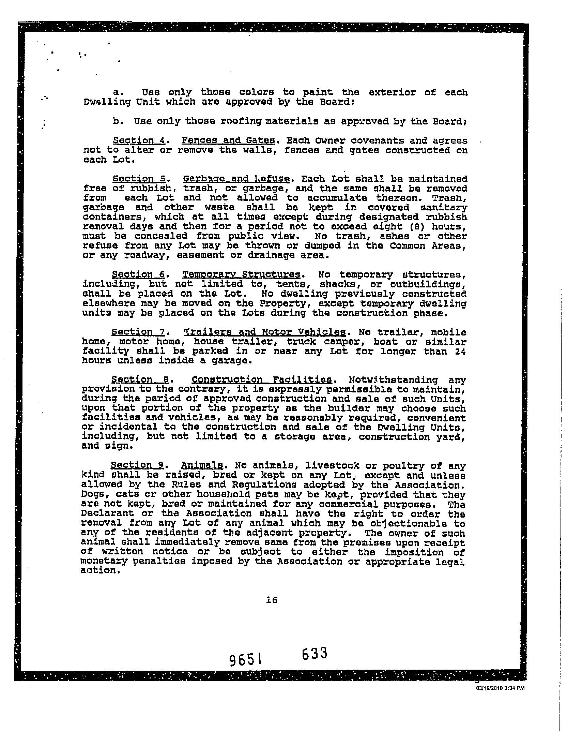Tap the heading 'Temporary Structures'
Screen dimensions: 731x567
click(242, 274)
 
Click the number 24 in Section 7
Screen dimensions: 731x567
click(461, 351)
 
